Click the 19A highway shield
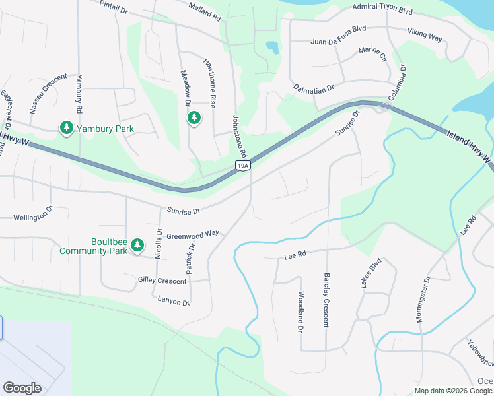coord(244,165)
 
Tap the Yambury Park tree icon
coord(66,127)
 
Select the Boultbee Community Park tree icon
coord(137,245)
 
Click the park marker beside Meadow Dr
coord(194,117)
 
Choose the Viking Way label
coord(425,35)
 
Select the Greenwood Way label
coord(192,235)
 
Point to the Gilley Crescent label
coord(162,280)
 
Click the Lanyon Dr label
coord(173,302)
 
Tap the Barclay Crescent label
coord(326,300)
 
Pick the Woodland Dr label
coord(300,312)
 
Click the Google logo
coord(22,388)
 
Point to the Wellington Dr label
coord(32,215)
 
